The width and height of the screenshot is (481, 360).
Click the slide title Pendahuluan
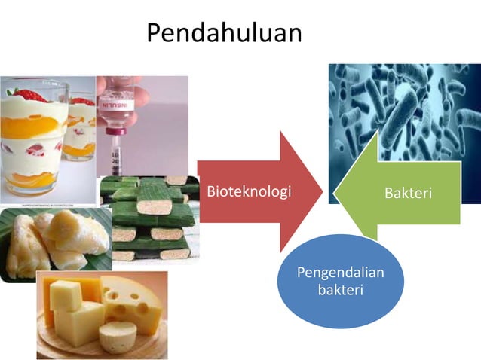click(x=224, y=33)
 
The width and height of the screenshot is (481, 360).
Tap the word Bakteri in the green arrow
click(x=408, y=193)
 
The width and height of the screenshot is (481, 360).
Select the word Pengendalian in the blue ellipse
click(x=340, y=272)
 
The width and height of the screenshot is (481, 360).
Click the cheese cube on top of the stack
click(x=66, y=294)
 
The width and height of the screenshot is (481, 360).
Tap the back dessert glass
click(x=81, y=128)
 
